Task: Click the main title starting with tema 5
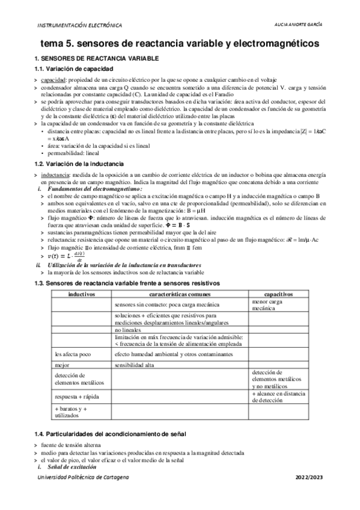tap(180, 44)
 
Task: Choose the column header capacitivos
tap(278, 293)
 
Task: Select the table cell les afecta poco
tap(70, 354)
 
